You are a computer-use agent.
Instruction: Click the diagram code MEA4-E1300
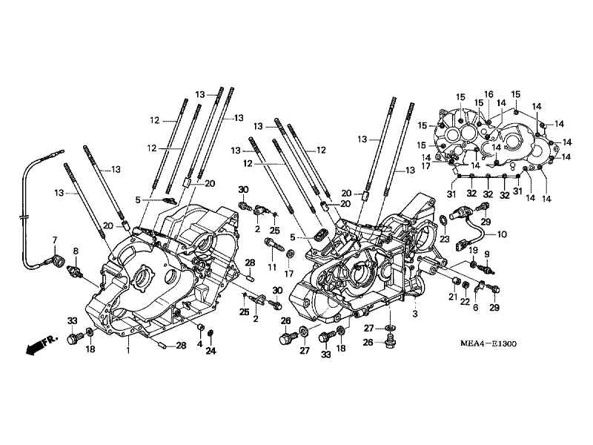pyautogui.click(x=488, y=343)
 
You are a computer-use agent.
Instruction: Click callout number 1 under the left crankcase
pyautogui.click(x=128, y=350)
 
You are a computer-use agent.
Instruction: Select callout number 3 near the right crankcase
pyautogui.click(x=415, y=314)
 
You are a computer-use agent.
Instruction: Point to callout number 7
pyautogui.click(x=55, y=240)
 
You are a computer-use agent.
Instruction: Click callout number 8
pyautogui.click(x=76, y=251)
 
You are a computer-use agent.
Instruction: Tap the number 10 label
pyautogui.click(x=502, y=234)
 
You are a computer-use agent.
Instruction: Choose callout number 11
pyautogui.click(x=272, y=268)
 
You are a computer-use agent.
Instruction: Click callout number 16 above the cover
pyautogui.click(x=488, y=94)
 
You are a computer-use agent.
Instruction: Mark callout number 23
pyautogui.click(x=445, y=239)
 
